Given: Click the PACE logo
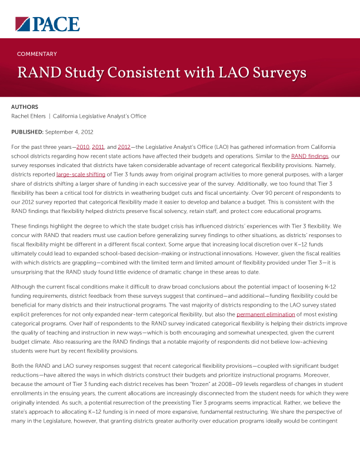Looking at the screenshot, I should point(47,24).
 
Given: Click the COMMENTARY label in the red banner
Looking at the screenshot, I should point(37,54).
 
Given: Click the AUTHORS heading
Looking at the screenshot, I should point(25,107).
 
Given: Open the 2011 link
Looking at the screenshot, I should point(98,147).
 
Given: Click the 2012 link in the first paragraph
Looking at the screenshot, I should point(124,147).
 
